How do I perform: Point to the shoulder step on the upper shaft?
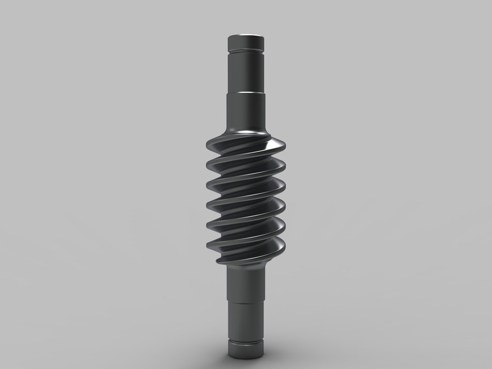pyautogui.click(x=246, y=92)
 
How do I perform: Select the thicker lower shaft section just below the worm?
pyautogui.click(x=246, y=283)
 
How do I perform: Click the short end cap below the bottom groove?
pyautogui.click(x=246, y=350)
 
